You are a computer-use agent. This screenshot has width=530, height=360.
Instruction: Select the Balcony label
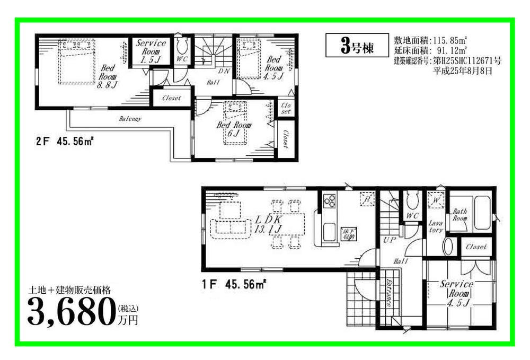click(129, 119)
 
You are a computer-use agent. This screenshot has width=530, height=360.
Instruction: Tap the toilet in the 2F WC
click(182, 43)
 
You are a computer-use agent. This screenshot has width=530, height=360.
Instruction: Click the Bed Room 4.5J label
click(273, 67)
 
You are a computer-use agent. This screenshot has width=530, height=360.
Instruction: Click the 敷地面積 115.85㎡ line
click(430, 40)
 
